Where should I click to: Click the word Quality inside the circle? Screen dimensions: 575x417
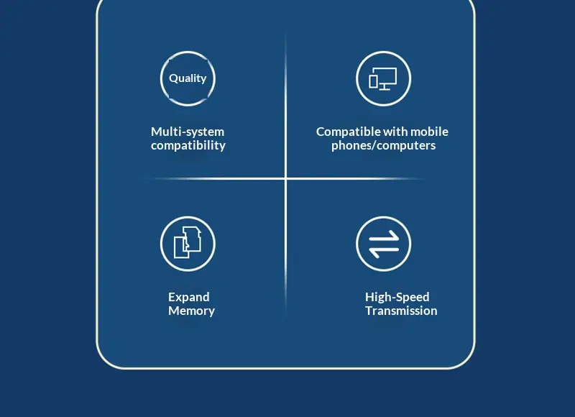pyautogui.click(x=188, y=78)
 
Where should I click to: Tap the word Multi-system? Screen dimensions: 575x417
pyautogui.click(x=188, y=132)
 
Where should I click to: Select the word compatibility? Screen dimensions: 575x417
pyautogui.click(x=188, y=146)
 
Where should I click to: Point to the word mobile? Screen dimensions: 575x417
pyautogui.click(x=429, y=132)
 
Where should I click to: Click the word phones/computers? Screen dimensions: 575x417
pyautogui.click(x=384, y=146)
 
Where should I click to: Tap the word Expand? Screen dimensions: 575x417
pyautogui.click(x=189, y=297)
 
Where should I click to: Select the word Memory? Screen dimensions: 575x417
pyautogui.click(x=191, y=311)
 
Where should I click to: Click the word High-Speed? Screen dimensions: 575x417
pyautogui.click(x=397, y=297)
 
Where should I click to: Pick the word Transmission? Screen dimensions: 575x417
pyautogui.click(x=401, y=311)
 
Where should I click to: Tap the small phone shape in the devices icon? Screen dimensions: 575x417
pyautogui.click(x=373, y=81)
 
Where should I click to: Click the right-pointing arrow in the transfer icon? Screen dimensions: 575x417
pyautogui.click(x=384, y=237)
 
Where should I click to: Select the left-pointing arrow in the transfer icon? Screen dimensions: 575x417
pyautogui.click(x=384, y=251)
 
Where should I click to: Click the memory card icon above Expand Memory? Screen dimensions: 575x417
pyautogui.click(x=188, y=242)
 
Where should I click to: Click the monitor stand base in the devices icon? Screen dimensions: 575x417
pyautogui.click(x=385, y=89)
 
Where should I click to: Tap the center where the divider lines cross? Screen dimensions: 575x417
pyautogui.click(x=285, y=178)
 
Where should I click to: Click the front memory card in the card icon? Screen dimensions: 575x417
pyautogui.click(x=181, y=247)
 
